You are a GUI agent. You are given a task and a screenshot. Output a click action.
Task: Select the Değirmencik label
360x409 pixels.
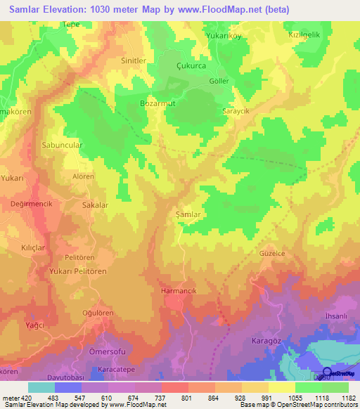click(x=32, y=203)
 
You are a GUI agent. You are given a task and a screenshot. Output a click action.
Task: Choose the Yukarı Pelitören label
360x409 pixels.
click(x=78, y=271)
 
